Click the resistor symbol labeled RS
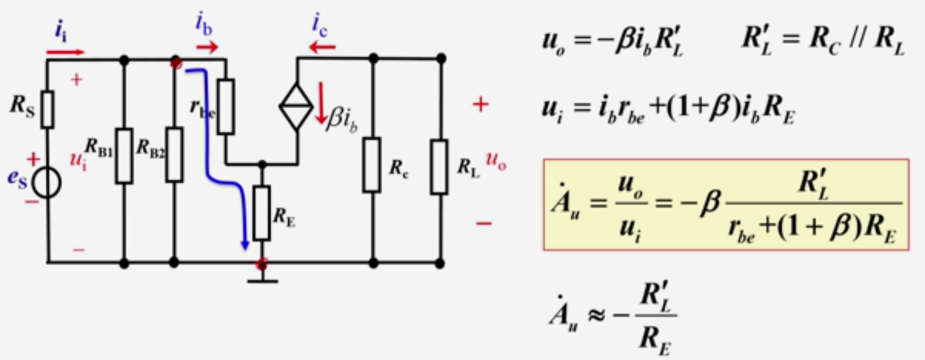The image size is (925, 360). click(x=47, y=109)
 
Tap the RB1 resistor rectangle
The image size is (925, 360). click(x=124, y=155)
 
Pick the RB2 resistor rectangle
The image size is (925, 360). click(x=174, y=155)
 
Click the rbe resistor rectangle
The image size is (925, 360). click(x=226, y=107)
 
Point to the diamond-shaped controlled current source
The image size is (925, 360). click(x=297, y=107)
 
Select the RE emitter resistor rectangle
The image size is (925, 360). click(x=262, y=213)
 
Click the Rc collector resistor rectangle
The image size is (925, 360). click(x=372, y=165)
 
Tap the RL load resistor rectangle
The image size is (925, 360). click(x=439, y=167)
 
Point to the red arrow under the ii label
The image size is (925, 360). click(x=65, y=52)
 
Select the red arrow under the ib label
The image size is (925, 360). click(x=207, y=48)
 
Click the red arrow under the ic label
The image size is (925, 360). click(x=322, y=48)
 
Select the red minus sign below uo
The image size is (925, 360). click(x=483, y=223)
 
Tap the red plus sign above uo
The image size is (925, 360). click(x=481, y=105)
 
